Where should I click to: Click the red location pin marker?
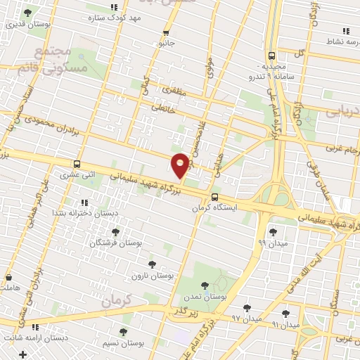(180, 165)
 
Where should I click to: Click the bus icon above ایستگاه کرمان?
(214, 197)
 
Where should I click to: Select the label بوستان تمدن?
(204, 297)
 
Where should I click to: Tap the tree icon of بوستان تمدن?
(205, 285)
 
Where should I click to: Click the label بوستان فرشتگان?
(115, 243)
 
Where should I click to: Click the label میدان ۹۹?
(272, 243)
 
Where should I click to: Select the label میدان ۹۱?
(285, 325)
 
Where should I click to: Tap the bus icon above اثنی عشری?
(77, 164)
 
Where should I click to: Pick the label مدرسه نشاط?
(343, 42)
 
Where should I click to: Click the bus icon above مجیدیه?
(271, 56)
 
